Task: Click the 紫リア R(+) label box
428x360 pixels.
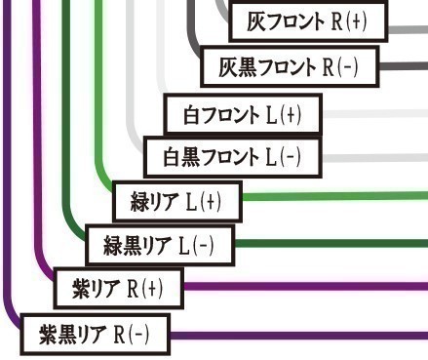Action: (118, 288)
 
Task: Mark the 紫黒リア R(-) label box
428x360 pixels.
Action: (95, 335)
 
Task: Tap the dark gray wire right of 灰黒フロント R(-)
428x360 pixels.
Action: (400, 66)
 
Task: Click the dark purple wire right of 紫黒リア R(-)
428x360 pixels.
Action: (292, 335)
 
